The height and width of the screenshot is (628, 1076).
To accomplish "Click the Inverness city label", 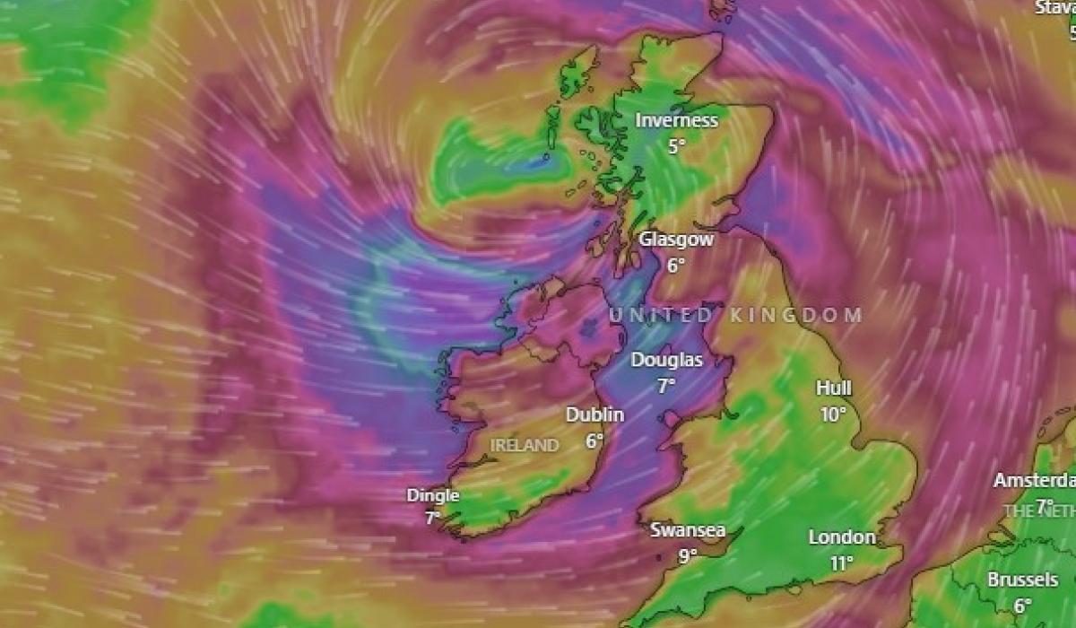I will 677,120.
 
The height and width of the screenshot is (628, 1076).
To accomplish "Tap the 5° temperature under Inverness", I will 676,145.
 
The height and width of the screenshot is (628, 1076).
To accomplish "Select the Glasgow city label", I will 676,240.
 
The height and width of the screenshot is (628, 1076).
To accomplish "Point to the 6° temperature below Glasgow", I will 675,265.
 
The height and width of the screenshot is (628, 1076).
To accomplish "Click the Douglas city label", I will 666,360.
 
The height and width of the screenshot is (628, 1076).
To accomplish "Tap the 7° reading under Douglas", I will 665,386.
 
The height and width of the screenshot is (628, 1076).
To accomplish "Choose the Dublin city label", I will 594,414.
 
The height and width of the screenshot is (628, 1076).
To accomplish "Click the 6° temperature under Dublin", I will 594,440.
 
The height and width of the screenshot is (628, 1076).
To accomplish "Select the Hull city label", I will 834,388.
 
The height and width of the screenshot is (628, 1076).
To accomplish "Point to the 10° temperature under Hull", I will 833,414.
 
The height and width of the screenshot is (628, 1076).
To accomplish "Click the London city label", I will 842,537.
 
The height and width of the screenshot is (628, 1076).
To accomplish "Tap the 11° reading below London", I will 841,563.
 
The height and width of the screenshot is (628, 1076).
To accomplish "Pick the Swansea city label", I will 688,529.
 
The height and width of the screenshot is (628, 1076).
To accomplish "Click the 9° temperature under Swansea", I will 687,555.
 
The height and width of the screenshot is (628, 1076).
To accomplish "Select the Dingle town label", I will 433,495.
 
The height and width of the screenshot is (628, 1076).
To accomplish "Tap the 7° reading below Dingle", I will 432,518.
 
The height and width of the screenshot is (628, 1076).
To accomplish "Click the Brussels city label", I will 1023,580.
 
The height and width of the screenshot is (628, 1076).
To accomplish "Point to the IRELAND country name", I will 525,445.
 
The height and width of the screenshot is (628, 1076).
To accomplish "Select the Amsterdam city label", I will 1034,480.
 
